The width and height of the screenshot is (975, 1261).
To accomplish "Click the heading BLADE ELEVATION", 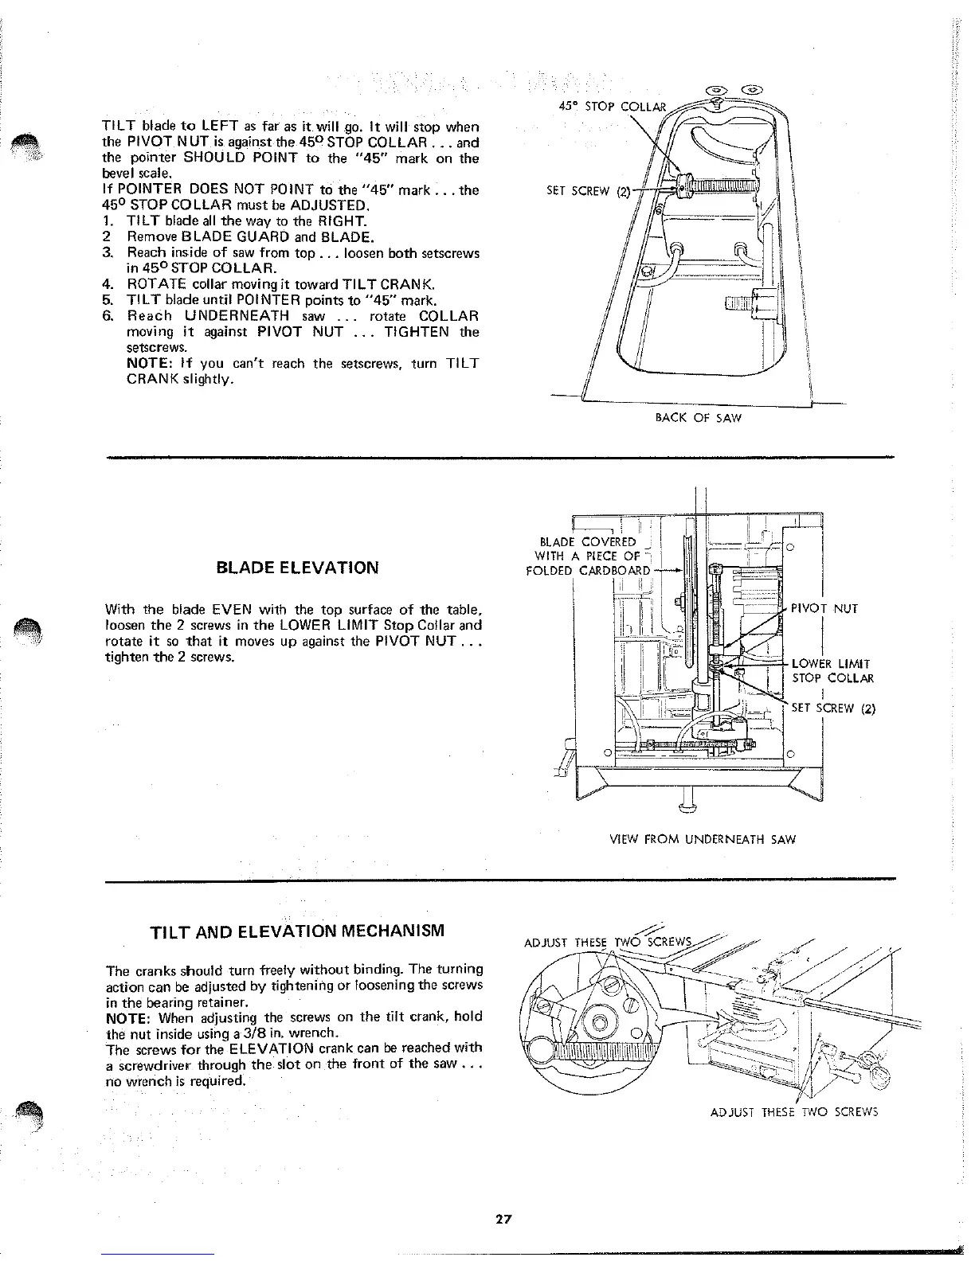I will [297, 568].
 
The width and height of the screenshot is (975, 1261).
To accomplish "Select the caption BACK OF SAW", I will [698, 417].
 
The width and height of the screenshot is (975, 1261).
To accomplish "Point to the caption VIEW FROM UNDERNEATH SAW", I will [703, 839].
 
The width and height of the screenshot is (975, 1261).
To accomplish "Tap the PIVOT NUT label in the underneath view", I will [824, 609].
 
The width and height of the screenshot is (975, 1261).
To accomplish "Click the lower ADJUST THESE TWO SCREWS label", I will [793, 1112].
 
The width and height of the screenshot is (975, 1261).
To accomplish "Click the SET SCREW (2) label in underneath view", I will [833, 709].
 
